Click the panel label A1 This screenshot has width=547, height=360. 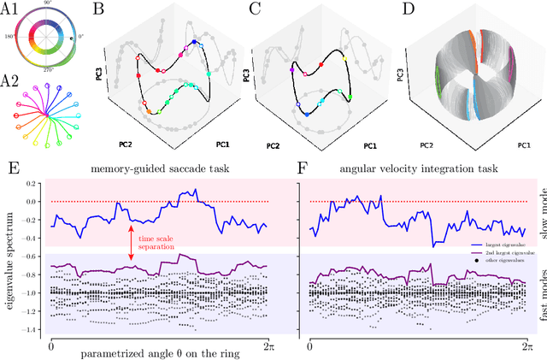[x=11, y=11]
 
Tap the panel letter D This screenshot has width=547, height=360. [x=390, y=11]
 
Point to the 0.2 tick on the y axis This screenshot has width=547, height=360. [x=32, y=183]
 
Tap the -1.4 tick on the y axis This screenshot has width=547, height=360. [x=31, y=328]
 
